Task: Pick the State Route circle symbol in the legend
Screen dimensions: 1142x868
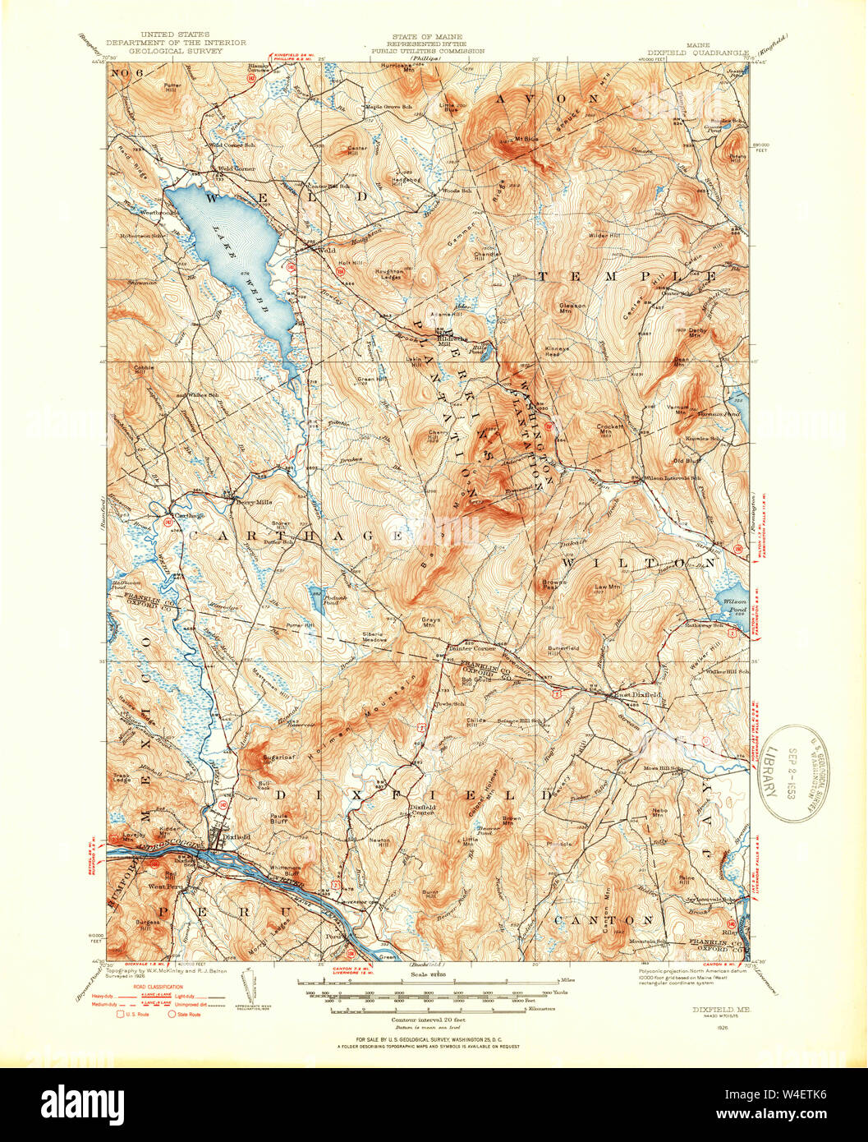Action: point(173,1015)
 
